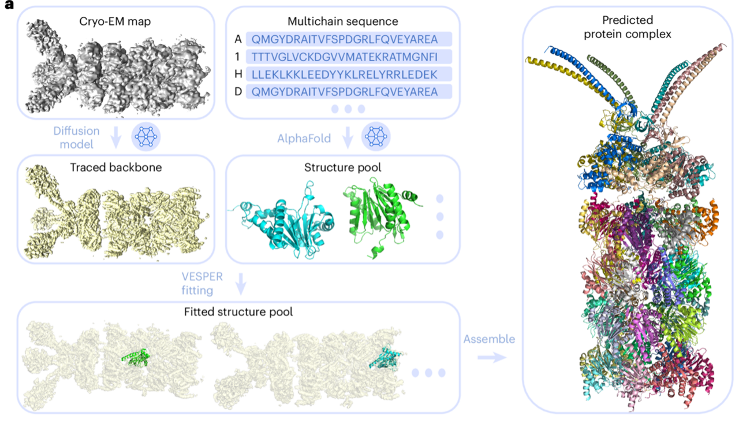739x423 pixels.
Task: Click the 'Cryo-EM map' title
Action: click(x=115, y=22)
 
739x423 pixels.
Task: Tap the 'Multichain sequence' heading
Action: click(x=342, y=22)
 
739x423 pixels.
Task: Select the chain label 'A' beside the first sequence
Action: click(x=238, y=39)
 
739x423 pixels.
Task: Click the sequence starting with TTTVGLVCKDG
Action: click(x=349, y=57)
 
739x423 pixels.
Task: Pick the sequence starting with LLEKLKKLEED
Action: click(x=349, y=75)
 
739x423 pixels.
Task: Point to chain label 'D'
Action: click(x=238, y=92)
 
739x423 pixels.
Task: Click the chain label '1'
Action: click(x=238, y=57)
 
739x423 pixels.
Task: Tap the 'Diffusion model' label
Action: click(x=76, y=138)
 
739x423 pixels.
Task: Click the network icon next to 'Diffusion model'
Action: click(x=146, y=137)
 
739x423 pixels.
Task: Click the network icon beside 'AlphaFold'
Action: click(x=376, y=137)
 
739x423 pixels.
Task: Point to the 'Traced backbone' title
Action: click(x=116, y=168)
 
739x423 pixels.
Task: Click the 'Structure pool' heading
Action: click(x=342, y=168)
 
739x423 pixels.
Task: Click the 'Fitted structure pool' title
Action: click(x=238, y=312)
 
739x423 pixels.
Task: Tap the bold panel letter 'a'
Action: click(x=8, y=7)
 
